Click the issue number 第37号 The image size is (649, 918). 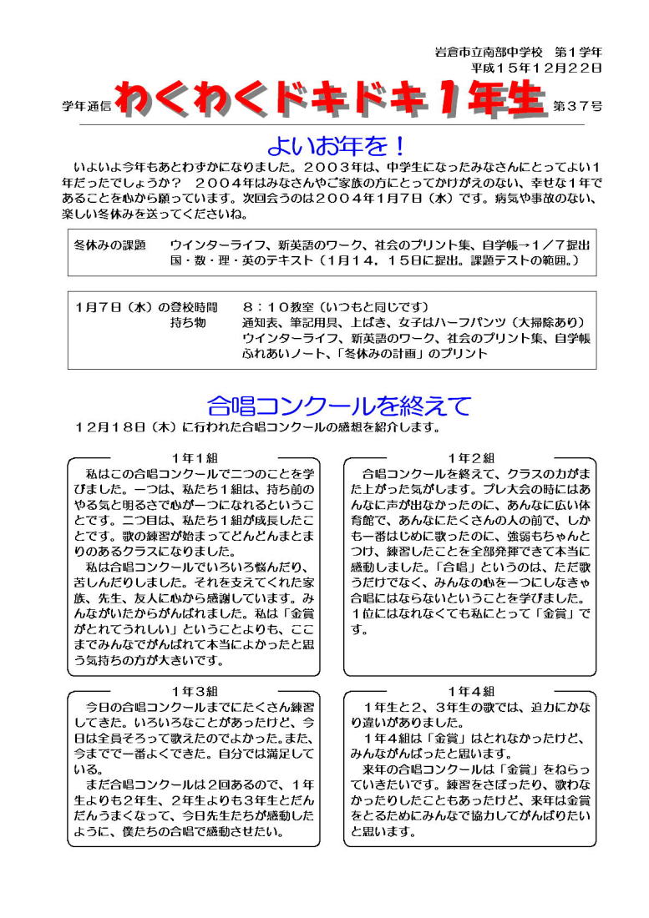[577, 106]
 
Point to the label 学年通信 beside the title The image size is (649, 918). [87, 106]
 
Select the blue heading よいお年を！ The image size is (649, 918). [336, 145]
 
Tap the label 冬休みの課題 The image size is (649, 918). [109, 245]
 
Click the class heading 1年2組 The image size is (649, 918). [470, 457]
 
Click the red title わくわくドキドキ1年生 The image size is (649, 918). [332, 100]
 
